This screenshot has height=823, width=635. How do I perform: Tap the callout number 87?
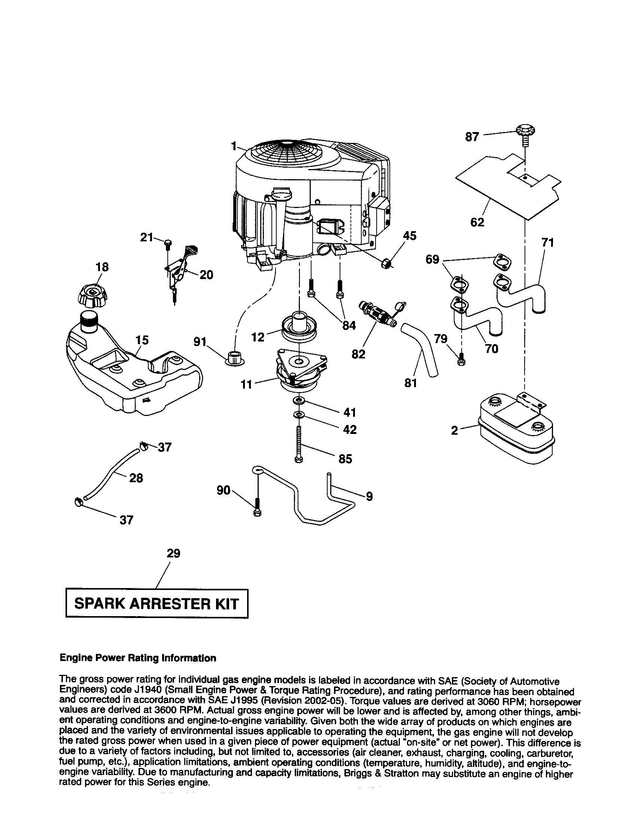click(472, 137)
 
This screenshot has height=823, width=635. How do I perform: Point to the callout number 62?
click(477, 222)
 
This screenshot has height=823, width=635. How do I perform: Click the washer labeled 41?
click(298, 400)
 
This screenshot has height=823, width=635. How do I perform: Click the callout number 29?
click(173, 553)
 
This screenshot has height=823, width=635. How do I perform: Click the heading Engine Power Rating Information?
click(138, 658)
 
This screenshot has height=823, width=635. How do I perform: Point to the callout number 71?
click(547, 243)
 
